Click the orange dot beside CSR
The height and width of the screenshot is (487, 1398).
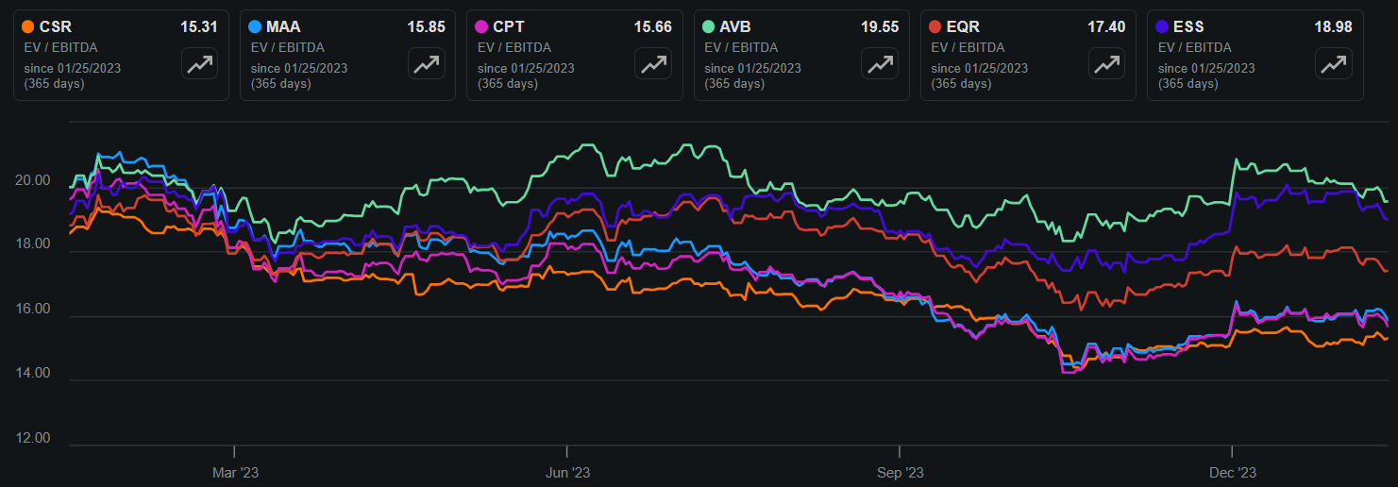point(29,27)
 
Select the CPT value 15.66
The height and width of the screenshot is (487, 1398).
point(652,27)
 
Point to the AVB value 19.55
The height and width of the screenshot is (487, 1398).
point(880,27)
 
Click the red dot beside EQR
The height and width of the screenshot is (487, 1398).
point(936,27)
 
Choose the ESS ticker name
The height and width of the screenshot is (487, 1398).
point(1189,27)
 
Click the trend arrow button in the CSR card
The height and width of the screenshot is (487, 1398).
point(199,64)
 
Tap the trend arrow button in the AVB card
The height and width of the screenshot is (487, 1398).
point(880,64)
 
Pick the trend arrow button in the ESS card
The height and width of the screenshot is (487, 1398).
point(1333,64)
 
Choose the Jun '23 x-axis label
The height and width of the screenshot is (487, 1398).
point(568,471)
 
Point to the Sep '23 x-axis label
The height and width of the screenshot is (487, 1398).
point(901,471)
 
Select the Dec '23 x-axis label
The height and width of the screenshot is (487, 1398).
point(1233,471)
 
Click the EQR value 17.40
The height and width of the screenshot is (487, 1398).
point(1106,27)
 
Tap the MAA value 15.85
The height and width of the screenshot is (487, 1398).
point(426,27)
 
